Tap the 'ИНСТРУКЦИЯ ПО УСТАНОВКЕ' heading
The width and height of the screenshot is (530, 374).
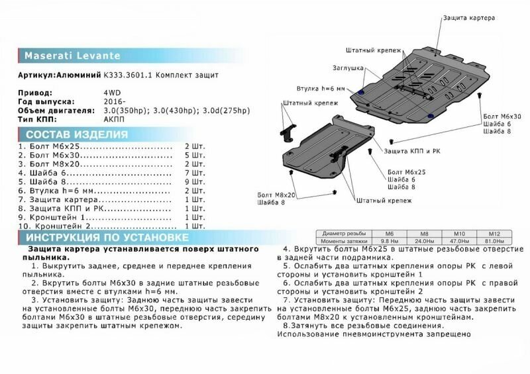pyautogui.click(x=93, y=237)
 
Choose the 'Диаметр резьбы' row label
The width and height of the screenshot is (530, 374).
pyautogui.click(x=340, y=233)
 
